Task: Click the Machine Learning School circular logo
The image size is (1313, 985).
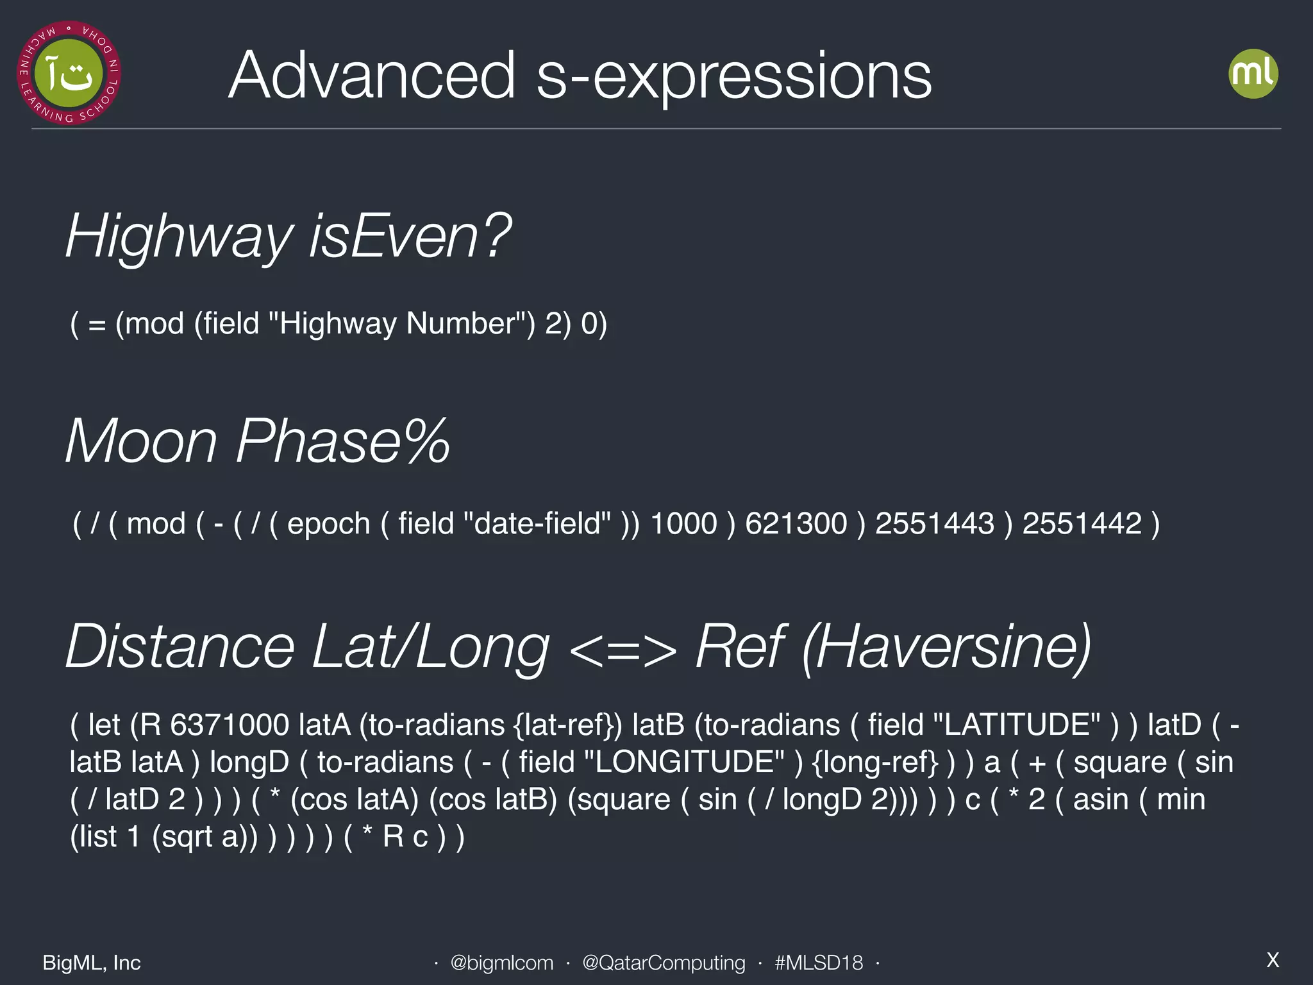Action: click(69, 72)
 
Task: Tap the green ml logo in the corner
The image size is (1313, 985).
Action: click(1253, 74)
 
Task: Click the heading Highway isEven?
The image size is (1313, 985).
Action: click(289, 237)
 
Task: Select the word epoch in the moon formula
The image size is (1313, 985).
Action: click(328, 523)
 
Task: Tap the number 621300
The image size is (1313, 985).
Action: click(796, 523)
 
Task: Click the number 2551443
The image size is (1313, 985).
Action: click(934, 523)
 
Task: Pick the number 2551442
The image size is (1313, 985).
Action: click(1082, 523)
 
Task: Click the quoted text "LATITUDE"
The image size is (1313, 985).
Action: click(1016, 725)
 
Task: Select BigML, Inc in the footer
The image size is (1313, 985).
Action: click(92, 963)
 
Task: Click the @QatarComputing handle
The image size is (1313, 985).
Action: click(664, 963)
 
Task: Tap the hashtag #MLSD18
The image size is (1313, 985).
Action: click(818, 963)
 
